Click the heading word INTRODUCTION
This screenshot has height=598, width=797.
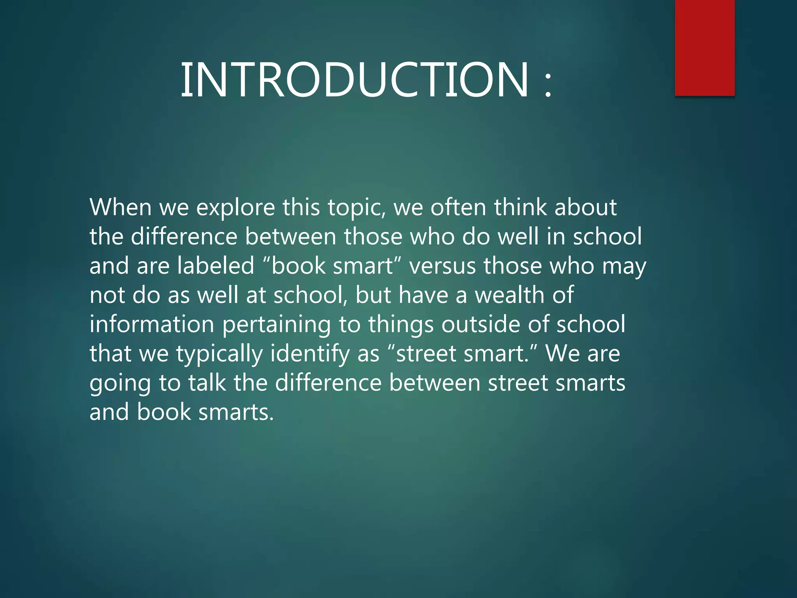point(354,80)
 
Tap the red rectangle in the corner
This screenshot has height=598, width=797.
point(704,47)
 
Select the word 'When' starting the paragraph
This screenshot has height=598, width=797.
point(120,207)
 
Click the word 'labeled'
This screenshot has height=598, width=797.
point(216,266)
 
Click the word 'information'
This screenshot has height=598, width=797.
point(152,324)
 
